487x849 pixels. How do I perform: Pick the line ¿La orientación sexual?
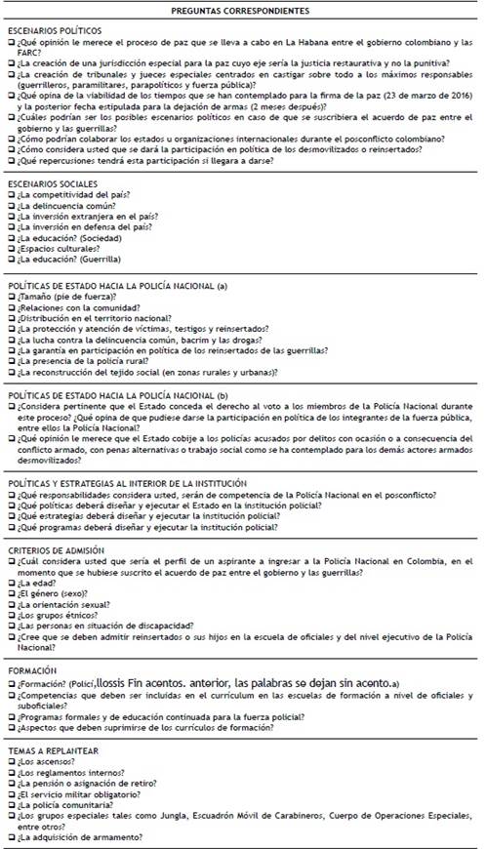pos(65,605)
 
